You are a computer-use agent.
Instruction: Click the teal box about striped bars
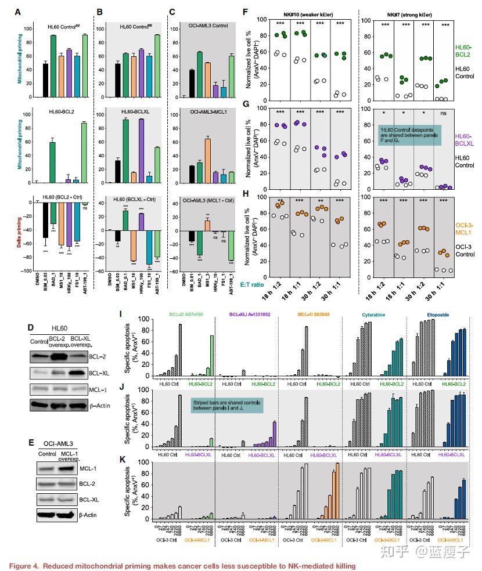pos(228,405)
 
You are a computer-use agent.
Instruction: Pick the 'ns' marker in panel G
pos(445,112)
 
